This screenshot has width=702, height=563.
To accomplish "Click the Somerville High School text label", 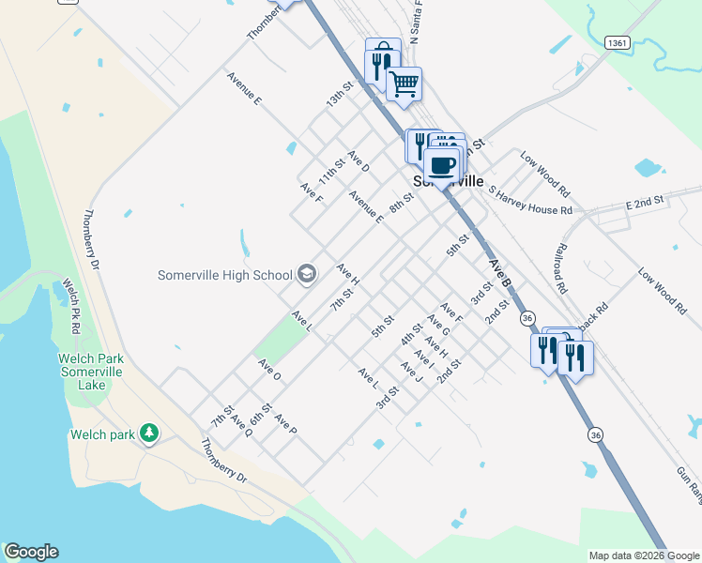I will (x=225, y=275).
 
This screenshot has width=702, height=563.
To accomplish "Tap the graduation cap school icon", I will (x=306, y=274).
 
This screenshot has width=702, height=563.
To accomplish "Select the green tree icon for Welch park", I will (x=148, y=433).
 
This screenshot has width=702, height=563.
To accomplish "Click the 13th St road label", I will (x=339, y=95).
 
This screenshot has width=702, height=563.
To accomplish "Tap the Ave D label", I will (x=359, y=161).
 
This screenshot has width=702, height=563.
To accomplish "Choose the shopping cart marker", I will (x=404, y=84).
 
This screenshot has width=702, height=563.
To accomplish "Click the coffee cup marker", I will (x=441, y=165).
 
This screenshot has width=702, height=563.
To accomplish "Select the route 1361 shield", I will (x=617, y=43).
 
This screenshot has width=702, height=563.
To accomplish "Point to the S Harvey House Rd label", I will (x=531, y=200).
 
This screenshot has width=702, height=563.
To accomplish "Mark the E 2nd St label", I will (x=645, y=203).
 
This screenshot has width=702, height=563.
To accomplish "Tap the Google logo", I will (x=31, y=552).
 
